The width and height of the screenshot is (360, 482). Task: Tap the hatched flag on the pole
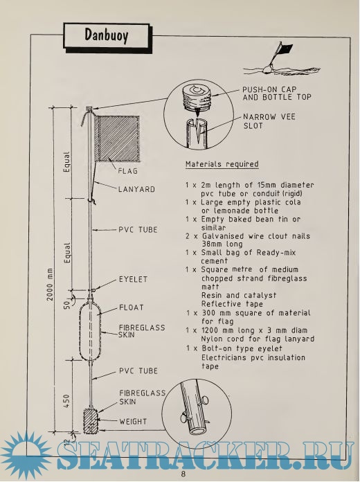tap(117, 139)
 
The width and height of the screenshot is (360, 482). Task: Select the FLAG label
tap(127, 171)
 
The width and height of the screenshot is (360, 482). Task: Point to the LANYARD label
tap(136, 189)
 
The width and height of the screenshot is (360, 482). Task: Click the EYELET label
tap(133, 279)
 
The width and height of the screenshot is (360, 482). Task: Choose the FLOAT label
tap(132, 307)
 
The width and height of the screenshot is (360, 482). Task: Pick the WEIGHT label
tap(133, 422)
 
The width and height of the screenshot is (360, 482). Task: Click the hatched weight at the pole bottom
tap(91, 420)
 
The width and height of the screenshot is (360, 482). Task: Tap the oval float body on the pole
tap(91, 331)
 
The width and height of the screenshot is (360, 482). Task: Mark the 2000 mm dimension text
tap(50, 285)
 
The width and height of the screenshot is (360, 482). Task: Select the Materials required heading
tap(222, 164)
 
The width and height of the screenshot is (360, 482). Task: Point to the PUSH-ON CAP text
tap(269, 89)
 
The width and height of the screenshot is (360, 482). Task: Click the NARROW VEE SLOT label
tap(269, 121)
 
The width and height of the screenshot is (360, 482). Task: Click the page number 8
tap(183, 474)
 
